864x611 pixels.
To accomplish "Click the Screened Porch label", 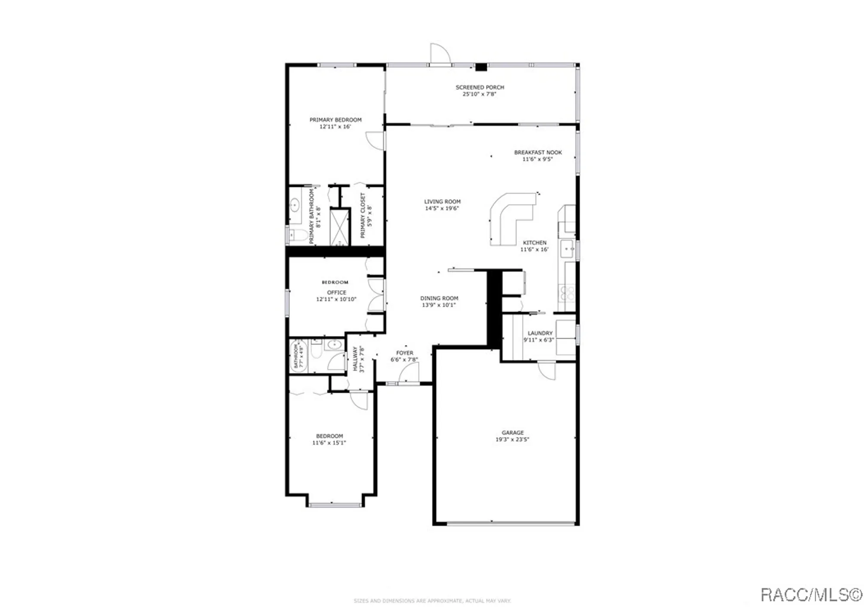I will pyautogui.click(x=480, y=87).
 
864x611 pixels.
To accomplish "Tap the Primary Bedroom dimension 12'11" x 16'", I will pyautogui.click(x=335, y=127).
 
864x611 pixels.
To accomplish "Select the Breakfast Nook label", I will pyautogui.click(x=538, y=153).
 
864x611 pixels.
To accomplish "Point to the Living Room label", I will pyautogui.click(x=442, y=201).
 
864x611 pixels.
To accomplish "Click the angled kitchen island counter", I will pyautogui.click(x=510, y=216).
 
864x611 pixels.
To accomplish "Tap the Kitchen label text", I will pyautogui.click(x=534, y=242).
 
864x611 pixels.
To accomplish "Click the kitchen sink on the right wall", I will pyautogui.click(x=567, y=250).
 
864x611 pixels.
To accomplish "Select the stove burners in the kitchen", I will pyautogui.click(x=567, y=293).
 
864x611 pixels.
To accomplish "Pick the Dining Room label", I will pyautogui.click(x=439, y=298).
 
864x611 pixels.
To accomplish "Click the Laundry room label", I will pyautogui.click(x=540, y=333).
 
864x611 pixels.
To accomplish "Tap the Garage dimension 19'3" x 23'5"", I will pyautogui.click(x=512, y=439).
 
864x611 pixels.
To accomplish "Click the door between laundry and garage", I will pyautogui.click(x=547, y=370).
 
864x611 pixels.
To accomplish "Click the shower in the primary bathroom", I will pyautogui.click(x=340, y=227).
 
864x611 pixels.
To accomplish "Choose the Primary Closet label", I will pyautogui.click(x=363, y=215).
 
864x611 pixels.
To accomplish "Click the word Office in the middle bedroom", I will pyautogui.click(x=336, y=293).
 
